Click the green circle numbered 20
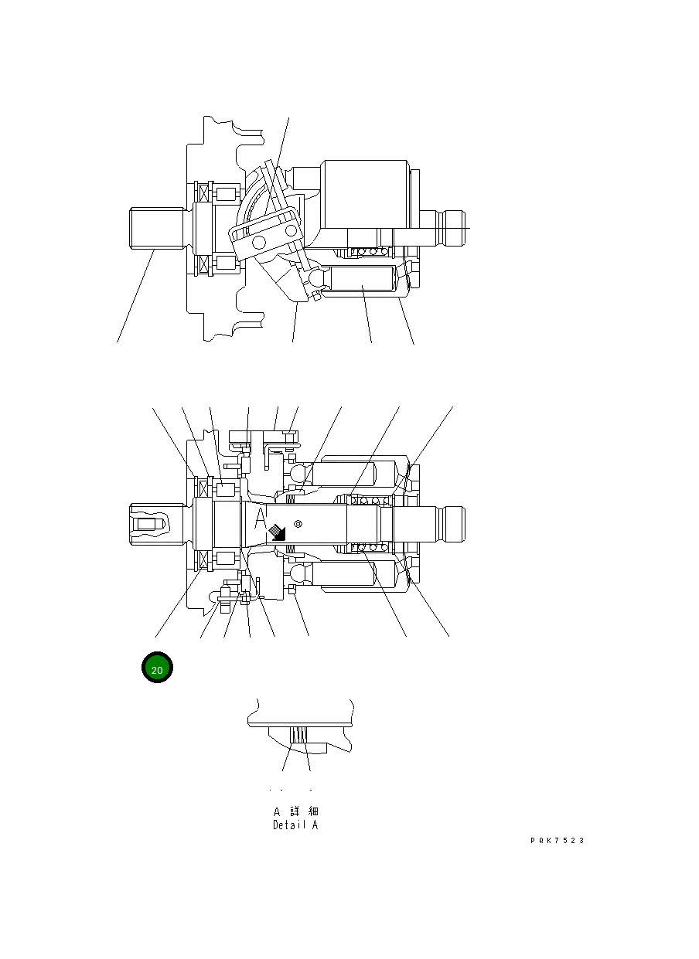[156, 669]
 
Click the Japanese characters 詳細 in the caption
[304, 812]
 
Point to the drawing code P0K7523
[557, 841]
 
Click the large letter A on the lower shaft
[261, 515]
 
